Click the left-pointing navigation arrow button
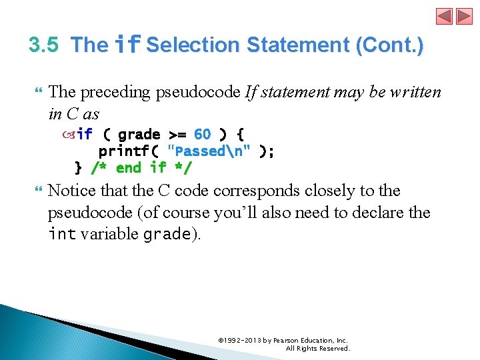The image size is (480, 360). click(445, 16)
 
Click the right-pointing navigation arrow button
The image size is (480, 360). click(463, 16)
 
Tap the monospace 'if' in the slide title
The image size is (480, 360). click(127, 45)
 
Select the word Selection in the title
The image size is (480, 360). click(193, 45)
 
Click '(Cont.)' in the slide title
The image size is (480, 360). click(389, 45)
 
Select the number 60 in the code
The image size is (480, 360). click(203, 135)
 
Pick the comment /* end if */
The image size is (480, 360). click(141, 167)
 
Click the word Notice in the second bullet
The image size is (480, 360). click(72, 191)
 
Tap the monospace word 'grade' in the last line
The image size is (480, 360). click(167, 235)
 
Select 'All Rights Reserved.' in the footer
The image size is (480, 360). click(317, 349)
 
